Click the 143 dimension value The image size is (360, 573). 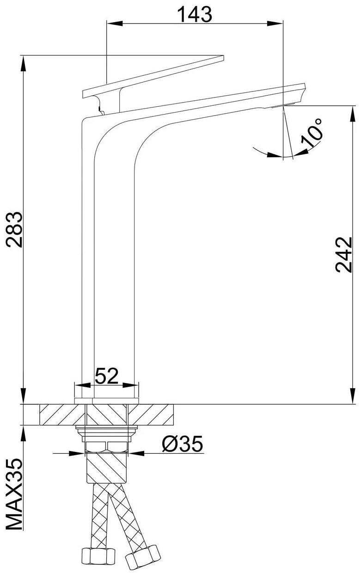tap(195, 14)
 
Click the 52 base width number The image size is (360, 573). tap(107, 376)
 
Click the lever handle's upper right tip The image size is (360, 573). tap(224, 55)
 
